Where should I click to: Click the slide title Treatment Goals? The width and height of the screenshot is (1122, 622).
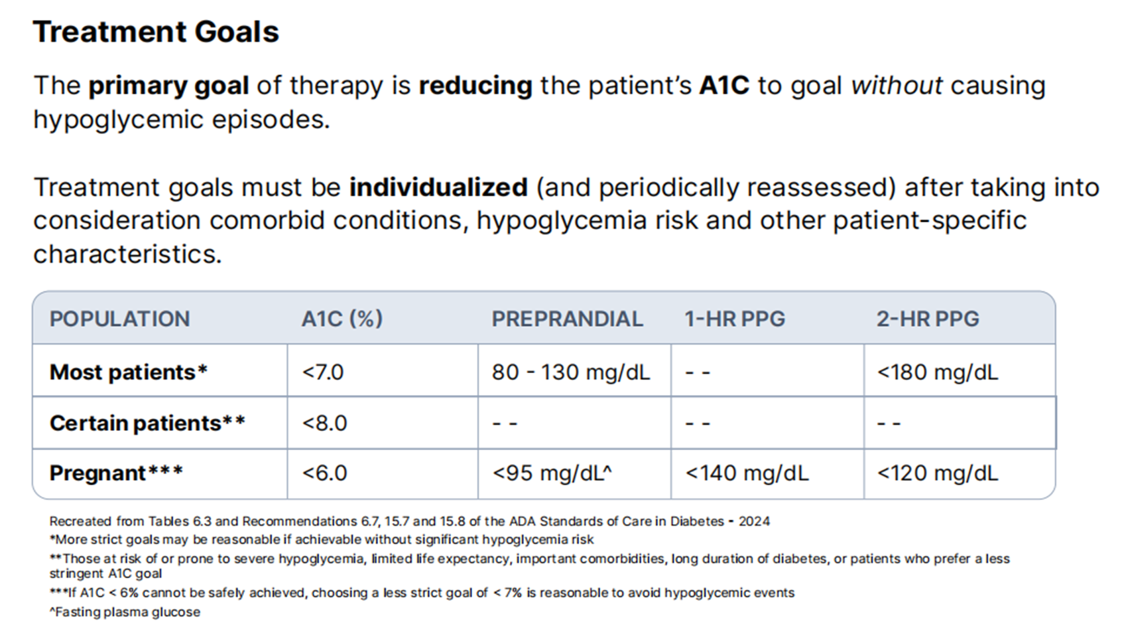[156, 32]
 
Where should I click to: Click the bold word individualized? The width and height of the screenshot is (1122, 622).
[438, 188]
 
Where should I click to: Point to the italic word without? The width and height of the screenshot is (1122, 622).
[897, 85]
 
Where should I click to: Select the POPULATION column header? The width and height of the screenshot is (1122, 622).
[120, 319]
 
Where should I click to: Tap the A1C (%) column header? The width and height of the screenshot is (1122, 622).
[342, 319]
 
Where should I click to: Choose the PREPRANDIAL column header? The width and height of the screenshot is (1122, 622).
[567, 319]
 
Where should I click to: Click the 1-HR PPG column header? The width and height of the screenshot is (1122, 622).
[735, 319]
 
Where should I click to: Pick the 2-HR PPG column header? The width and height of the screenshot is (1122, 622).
[928, 319]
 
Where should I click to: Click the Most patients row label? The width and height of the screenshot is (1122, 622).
[128, 372]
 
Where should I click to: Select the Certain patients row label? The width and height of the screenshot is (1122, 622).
[147, 423]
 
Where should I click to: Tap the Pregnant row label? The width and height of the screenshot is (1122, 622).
[116, 473]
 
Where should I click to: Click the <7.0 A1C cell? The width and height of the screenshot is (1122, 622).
[322, 372]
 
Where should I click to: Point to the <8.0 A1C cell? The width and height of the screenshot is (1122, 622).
[324, 423]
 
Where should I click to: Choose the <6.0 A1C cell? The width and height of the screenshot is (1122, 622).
[324, 473]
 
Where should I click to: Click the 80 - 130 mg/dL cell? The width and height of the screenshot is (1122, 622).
[570, 372]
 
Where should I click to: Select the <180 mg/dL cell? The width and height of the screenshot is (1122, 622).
[937, 372]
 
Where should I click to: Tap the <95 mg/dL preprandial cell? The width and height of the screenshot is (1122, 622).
[552, 473]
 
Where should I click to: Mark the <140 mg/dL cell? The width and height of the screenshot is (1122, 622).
[747, 473]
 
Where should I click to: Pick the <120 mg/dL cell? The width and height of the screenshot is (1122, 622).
[937, 473]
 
